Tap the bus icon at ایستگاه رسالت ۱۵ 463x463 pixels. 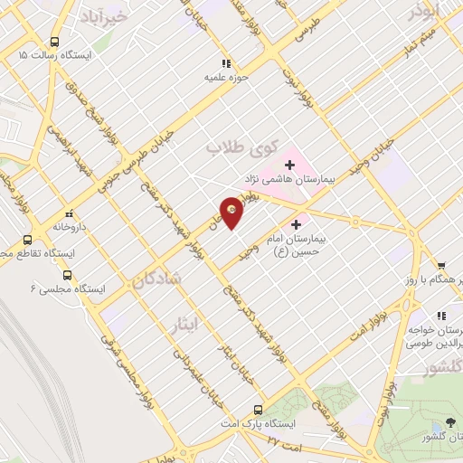55,42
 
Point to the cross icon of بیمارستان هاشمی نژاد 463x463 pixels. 289,164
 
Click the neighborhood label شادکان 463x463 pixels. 156,282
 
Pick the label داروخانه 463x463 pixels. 68,227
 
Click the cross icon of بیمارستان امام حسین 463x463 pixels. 296,223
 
